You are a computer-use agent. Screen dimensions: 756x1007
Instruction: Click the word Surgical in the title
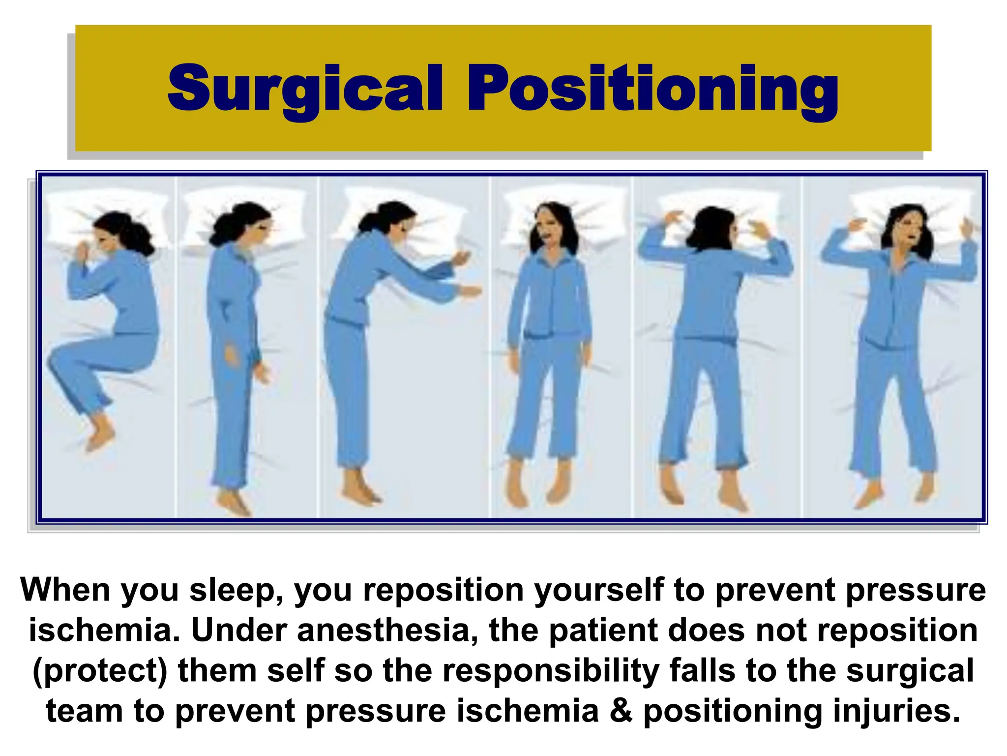(x=305, y=89)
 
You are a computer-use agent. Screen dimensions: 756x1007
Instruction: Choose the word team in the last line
(x=84, y=711)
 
